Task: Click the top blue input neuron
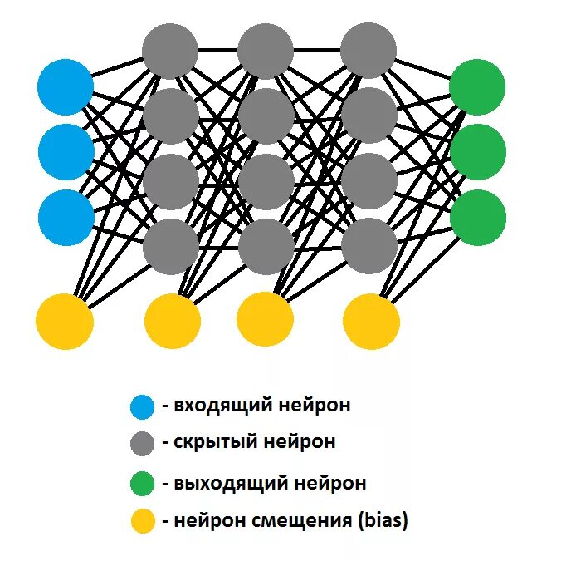point(66,86)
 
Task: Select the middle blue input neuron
point(66,150)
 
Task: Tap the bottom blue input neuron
point(66,217)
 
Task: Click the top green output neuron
point(477,86)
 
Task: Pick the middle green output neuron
point(477,152)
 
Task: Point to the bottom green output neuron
point(477,217)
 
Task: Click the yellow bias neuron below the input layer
point(65,321)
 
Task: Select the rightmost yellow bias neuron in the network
point(371,321)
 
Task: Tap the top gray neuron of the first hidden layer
point(170,51)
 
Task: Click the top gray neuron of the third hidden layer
point(368,51)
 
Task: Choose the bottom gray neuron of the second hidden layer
point(266,247)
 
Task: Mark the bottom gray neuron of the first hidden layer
point(171,247)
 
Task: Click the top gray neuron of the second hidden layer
point(266,51)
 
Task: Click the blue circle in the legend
point(142,406)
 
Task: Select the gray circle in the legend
point(142,443)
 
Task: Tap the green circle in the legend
point(142,483)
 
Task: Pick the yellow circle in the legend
point(142,521)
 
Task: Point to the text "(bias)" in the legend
point(383,521)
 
